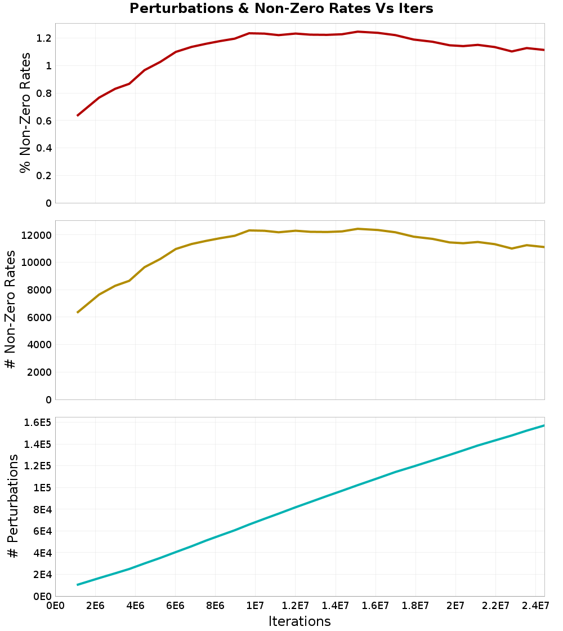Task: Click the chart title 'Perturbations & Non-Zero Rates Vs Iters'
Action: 281,8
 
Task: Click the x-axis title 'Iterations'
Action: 300,621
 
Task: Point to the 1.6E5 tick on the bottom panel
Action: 38,423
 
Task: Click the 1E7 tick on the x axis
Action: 255,606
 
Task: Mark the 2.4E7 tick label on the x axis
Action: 535,606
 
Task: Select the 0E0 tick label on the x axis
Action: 55,606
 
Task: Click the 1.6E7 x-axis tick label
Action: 375,606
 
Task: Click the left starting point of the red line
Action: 78,115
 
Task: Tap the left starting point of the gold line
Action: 78,312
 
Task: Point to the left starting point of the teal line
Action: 78,585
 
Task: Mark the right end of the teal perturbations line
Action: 544,425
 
